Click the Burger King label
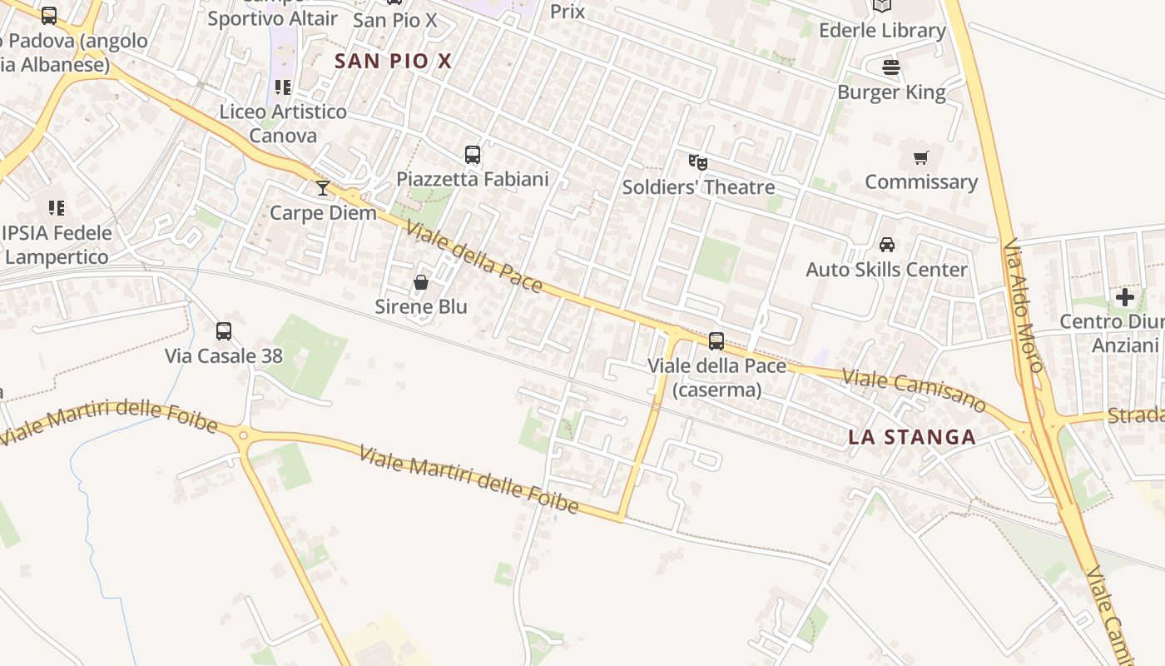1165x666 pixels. pos(891,92)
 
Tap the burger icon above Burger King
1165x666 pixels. pos(891,67)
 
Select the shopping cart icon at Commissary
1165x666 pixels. pos(920,157)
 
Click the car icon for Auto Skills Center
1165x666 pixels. pos(887,245)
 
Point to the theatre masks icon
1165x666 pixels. pos(697,162)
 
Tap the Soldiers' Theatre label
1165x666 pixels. pos(698,186)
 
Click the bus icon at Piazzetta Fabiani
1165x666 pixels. pos(473,154)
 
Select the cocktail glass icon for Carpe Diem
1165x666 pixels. pos(323,188)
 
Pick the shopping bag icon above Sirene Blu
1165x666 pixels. pos(421,282)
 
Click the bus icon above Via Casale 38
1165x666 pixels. pos(224,331)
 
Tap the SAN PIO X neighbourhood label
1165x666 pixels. pos(393,61)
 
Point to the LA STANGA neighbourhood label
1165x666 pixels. pos(912,437)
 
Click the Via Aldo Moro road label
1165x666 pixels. pos(1023,306)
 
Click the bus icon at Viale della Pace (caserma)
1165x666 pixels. pos(716,341)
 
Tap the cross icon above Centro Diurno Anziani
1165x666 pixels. pos(1125,297)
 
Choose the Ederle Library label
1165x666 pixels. pos(882,31)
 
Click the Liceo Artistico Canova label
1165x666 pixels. pos(283,123)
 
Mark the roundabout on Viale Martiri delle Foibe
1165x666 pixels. pos(243,435)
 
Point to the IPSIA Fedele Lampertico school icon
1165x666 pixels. pos(57,207)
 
